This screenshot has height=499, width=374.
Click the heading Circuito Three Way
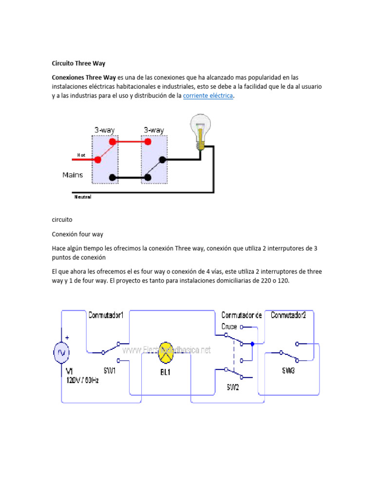tap(78, 63)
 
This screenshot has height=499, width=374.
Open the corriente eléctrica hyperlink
tap(208, 96)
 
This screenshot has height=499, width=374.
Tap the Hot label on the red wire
tap(81, 155)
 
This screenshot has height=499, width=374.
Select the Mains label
tap(73, 174)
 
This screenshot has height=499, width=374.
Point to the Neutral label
tap(82, 197)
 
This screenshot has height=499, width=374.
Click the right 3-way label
tap(153, 130)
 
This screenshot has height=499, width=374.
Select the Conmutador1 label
tap(106, 315)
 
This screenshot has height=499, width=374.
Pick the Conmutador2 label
tap(288, 315)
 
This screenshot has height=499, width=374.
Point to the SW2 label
tap(232, 387)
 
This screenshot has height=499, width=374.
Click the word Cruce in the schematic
tap(229, 326)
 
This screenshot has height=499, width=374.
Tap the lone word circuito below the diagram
tap(62, 220)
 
